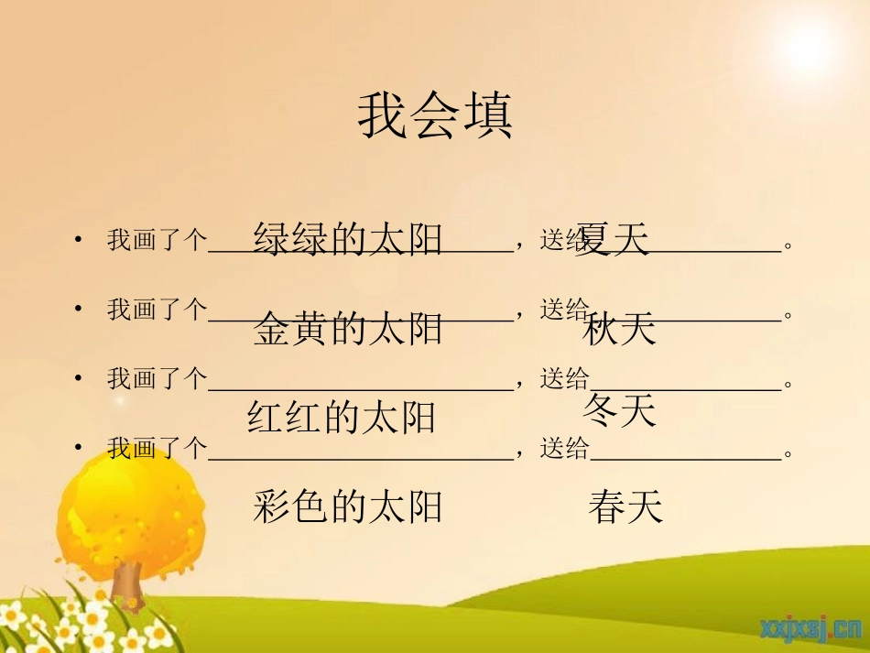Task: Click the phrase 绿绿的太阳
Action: (347, 238)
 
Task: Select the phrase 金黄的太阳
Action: (347, 329)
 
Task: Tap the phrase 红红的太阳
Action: (342, 418)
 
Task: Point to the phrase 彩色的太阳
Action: (347, 506)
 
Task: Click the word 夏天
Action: (614, 240)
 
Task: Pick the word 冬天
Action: (619, 411)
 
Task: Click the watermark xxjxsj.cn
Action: (810, 628)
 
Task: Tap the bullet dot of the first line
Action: (80, 241)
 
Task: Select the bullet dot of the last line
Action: (80, 449)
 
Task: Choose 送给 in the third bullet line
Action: (564, 378)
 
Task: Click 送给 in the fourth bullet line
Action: (564, 448)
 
